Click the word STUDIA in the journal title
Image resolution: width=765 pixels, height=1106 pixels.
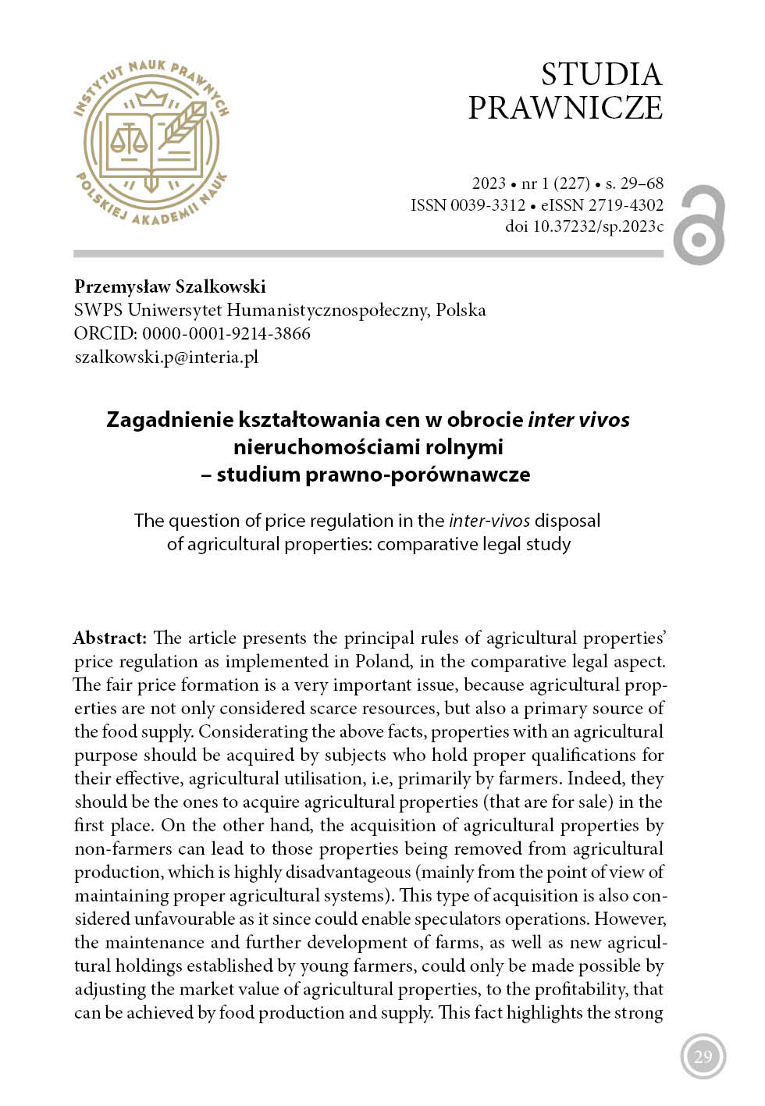[x=601, y=75]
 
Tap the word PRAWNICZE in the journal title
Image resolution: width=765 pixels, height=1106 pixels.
[x=565, y=108]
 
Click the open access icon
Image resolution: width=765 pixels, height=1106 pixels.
[x=699, y=225]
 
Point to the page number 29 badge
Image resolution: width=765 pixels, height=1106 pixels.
[x=703, y=1056]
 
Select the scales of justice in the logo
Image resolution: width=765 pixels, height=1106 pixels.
[x=129, y=140]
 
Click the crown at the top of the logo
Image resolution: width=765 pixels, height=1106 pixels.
[x=152, y=98]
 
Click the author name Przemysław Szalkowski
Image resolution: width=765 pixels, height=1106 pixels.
[x=170, y=286]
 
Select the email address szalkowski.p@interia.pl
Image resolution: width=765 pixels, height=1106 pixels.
[x=166, y=357]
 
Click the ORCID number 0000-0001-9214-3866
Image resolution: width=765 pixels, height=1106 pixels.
[x=226, y=333]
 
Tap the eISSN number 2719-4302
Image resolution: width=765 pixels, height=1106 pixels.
[x=625, y=205]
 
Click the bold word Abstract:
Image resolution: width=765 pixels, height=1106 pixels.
[x=110, y=638]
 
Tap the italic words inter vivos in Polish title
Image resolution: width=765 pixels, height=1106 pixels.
[x=578, y=420]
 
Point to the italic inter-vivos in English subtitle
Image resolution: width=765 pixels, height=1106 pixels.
[x=489, y=521]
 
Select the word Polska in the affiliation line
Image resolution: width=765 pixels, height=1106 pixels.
[x=461, y=310]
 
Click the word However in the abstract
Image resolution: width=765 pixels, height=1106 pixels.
[x=629, y=919]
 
